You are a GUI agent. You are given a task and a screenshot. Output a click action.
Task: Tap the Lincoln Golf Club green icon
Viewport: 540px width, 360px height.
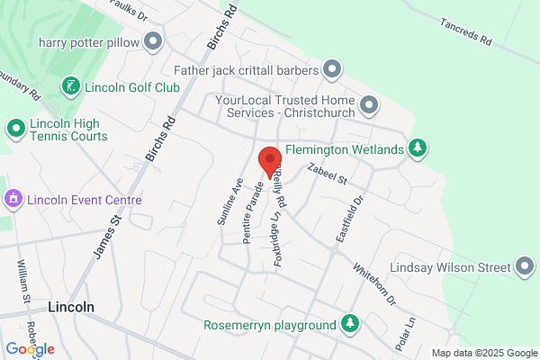pos(69,87)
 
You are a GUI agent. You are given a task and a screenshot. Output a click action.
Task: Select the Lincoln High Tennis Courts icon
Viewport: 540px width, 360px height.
pos(15,130)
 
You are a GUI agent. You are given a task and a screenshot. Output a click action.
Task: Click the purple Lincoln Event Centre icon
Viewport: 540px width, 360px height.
pos(13,198)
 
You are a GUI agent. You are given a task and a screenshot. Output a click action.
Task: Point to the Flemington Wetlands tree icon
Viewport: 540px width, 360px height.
pos(417,148)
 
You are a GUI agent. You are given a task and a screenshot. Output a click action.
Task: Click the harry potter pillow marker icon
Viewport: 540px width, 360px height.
pos(154,42)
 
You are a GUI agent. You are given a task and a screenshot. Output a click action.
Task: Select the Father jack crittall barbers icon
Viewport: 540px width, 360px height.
pos(332,69)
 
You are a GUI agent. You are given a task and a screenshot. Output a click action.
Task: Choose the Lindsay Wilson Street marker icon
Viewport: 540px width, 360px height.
pos(525,267)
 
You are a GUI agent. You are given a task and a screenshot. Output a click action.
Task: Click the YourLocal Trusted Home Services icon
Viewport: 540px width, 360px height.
pos(369,107)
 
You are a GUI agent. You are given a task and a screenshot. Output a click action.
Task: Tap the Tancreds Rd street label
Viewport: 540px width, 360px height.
pos(466,32)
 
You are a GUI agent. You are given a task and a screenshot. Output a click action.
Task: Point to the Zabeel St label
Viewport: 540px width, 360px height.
pos(327,176)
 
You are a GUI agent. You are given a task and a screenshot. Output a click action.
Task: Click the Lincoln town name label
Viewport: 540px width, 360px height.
pos(72,306)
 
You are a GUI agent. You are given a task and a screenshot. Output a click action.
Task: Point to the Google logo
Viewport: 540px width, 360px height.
pos(30,349)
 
